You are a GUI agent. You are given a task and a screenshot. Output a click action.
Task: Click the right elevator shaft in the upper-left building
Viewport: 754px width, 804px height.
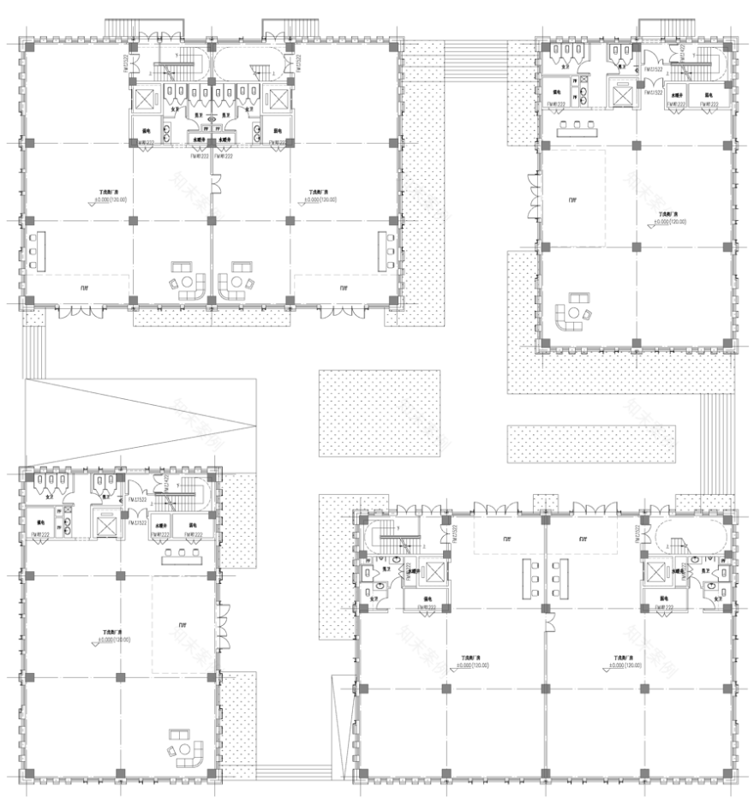[x=277, y=99]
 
